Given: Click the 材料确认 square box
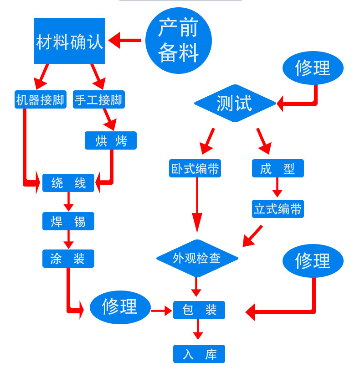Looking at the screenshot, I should (x=69, y=41).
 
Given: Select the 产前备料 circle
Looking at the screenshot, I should (x=178, y=40).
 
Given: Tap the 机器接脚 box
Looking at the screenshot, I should (x=40, y=99).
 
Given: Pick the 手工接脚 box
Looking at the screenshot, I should (x=98, y=99).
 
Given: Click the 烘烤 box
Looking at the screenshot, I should (x=111, y=140).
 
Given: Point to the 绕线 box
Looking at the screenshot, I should (x=68, y=183).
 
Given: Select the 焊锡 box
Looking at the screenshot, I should (x=68, y=221).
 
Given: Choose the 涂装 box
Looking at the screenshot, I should (x=68, y=259).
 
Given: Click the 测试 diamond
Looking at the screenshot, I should (x=235, y=104).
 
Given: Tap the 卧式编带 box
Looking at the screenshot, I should (x=195, y=168).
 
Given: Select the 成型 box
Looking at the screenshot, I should (x=278, y=168).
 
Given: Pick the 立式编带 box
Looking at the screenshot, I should (x=278, y=209).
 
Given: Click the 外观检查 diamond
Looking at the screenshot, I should (x=197, y=258).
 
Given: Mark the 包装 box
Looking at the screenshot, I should (x=199, y=310).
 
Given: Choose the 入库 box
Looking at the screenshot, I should (x=199, y=354).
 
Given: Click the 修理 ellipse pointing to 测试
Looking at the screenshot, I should (x=313, y=68).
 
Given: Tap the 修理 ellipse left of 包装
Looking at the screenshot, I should (x=120, y=307).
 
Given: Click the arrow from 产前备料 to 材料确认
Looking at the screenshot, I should (x=125, y=40).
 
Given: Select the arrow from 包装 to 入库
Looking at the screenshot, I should (x=198, y=329).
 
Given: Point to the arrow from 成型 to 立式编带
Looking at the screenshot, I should (x=277, y=187).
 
